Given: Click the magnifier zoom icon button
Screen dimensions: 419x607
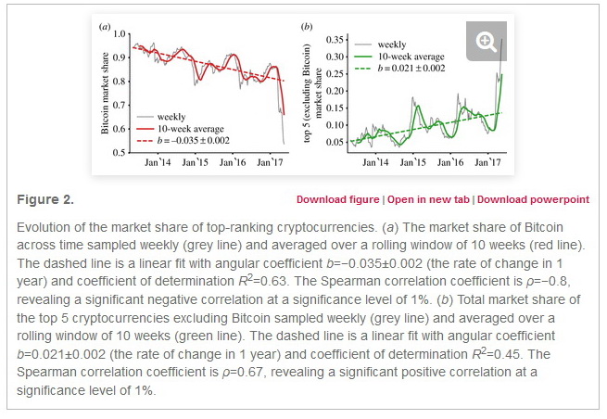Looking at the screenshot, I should (x=486, y=41).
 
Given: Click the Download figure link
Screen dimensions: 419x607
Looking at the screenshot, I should (x=337, y=199).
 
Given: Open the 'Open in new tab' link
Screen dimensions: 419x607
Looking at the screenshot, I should (x=429, y=199).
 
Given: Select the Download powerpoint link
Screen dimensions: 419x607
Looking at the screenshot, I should (x=533, y=199).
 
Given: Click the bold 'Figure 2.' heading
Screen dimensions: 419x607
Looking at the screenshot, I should (x=45, y=199).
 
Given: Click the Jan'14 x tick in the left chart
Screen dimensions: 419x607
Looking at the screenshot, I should (x=158, y=162).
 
